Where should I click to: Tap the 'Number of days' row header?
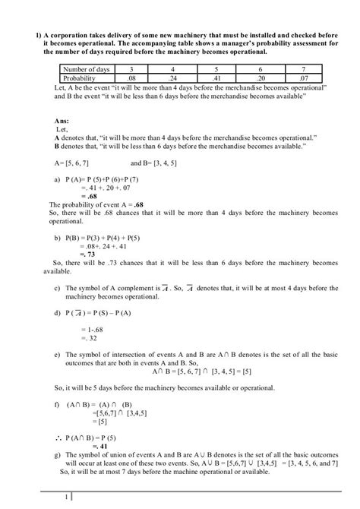click(84, 70)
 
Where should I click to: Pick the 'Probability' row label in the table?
click(79, 78)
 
